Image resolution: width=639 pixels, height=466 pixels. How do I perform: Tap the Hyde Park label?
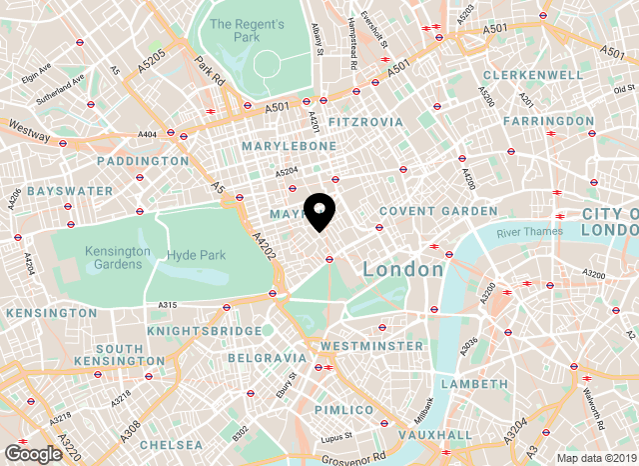pos(197,256)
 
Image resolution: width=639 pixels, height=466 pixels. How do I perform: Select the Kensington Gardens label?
pos(117,257)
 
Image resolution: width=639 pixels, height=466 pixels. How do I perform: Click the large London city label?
pos(403,270)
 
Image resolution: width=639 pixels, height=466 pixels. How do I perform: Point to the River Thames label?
pos(529,232)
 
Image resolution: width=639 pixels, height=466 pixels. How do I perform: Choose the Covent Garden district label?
pos(437,211)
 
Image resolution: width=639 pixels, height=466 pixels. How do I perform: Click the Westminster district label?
pos(371,346)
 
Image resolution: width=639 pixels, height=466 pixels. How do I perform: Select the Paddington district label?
pos(143,160)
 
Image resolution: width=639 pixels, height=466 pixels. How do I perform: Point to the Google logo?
pos(33,454)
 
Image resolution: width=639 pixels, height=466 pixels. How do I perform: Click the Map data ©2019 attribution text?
pos(595,458)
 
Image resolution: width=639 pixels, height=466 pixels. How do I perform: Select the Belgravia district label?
pos(267,357)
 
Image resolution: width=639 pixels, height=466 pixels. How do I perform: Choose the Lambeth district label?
pos(474,384)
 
